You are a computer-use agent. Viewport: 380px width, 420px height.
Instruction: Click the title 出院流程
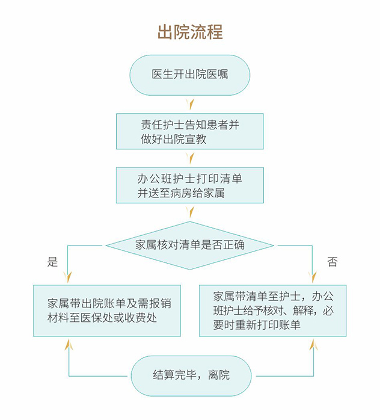click(x=190, y=32)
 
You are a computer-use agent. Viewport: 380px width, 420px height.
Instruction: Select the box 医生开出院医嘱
click(x=190, y=75)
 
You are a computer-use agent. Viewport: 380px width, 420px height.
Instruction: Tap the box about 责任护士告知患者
click(x=190, y=132)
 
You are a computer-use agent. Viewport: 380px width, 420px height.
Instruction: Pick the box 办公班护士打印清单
click(x=190, y=185)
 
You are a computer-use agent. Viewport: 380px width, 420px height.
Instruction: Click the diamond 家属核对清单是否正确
click(x=190, y=245)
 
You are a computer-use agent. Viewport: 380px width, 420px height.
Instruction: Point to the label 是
click(x=52, y=262)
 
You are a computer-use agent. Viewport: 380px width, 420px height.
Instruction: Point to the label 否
click(x=332, y=262)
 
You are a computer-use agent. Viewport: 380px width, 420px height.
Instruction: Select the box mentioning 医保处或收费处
click(x=107, y=310)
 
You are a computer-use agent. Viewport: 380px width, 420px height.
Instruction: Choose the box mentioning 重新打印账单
click(x=272, y=310)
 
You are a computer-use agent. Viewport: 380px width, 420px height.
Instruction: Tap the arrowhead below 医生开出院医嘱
click(x=190, y=104)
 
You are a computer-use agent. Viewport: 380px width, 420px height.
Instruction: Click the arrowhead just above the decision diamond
click(x=190, y=212)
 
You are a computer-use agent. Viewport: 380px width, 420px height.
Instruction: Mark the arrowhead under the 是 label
click(x=68, y=277)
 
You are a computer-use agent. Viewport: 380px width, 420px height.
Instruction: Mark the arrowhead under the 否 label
click(x=313, y=277)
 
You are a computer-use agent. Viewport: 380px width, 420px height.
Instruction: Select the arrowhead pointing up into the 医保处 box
click(x=68, y=344)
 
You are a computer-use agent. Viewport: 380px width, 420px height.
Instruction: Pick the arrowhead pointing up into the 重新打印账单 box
click(x=313, y=345)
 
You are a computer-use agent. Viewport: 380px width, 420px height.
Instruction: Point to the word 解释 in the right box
click(x=299, y=310)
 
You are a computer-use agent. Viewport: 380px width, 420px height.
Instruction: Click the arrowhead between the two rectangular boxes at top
click(x=190, y=158)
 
